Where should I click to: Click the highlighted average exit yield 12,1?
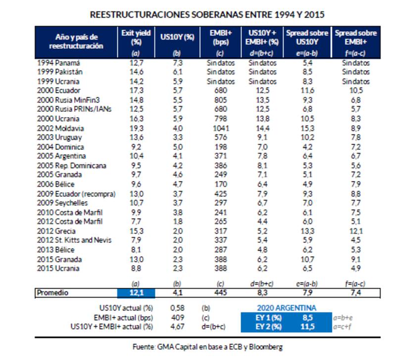[136, 293]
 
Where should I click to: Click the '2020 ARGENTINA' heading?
[287, 308]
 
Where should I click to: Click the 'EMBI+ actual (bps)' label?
[123, 317]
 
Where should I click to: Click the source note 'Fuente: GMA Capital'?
[207, 347]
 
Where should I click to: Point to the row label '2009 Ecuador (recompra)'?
[76, 194]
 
